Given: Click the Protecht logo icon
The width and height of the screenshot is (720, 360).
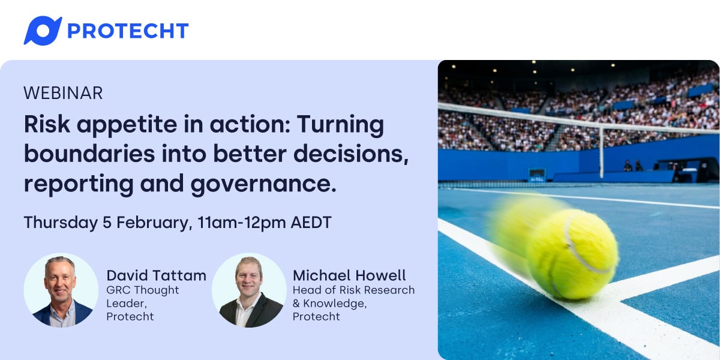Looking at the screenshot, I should pyautogui.click(x=42, y=31).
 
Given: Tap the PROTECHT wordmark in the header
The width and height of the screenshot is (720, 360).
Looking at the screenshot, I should pyautogui.click(x=128, y=31).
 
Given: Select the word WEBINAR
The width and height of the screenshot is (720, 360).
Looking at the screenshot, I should pyautogui.click(x=63, y=93).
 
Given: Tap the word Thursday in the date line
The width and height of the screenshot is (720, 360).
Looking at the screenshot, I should pyautogui.click(x=59, y=223).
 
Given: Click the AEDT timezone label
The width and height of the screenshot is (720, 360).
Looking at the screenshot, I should pyautogui.click(x=310, y=223).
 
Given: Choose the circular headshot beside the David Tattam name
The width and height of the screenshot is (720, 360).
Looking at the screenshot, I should pyautogui.click(x=61, y=290).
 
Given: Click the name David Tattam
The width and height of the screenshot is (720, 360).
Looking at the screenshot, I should pyautogui.click(x=156, y=275).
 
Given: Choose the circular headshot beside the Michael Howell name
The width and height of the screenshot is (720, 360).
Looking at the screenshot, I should pyautogui.click(x=249, y=290).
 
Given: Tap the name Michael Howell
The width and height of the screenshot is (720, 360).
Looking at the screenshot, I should pyautogui.click(x=349, y=275).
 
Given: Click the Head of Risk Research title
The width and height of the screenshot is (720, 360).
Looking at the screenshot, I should pyautogui.click(x=353, y=290).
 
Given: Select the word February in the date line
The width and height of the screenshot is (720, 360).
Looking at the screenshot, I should pyautogui.click(x=154, y=223).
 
